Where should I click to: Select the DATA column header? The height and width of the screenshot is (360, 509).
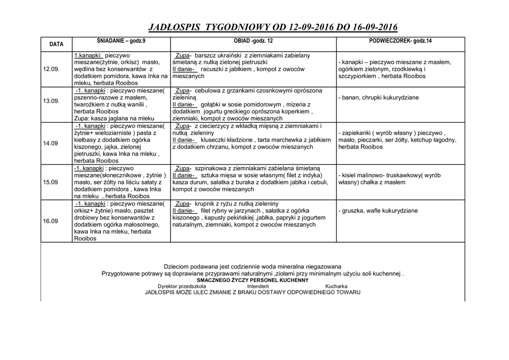click(x=56, y=44)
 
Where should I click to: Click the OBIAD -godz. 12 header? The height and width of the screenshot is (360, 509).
click(x=253, y=40)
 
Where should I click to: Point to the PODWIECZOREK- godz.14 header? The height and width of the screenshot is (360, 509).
click(x=401, y=40)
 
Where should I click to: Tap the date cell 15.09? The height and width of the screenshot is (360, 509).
click(x=51, y=182)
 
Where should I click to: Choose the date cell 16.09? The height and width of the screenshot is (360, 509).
click(x=51, y=221)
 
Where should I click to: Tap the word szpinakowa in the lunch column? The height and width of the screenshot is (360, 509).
click(x=211, y=169)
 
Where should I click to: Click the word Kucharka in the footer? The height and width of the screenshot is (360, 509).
click(x=336, y=286)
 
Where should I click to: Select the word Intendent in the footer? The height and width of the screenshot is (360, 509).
click(x=258, y=286)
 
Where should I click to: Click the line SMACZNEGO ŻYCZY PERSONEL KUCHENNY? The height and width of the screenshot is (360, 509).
click(x=253, y=280)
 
